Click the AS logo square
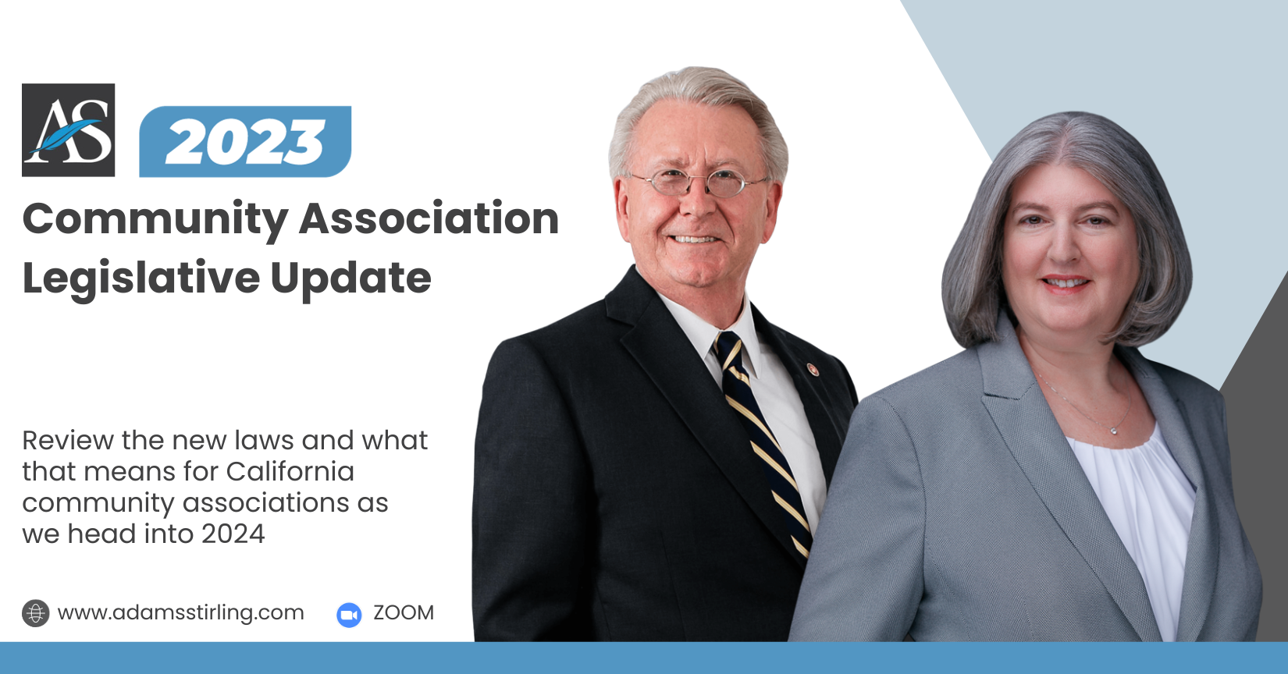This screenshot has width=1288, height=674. (69, 129)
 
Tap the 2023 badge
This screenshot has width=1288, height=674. (245, 141)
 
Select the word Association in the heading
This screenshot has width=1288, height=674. (429, 218)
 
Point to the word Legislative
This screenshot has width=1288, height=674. (141, 278)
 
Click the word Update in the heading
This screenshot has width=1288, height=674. (350, 278)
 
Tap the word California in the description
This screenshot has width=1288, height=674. (290, 472)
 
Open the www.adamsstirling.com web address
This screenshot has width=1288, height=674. (180, 612)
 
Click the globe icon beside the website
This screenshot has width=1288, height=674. (36, 613)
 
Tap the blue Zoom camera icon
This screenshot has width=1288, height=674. (349, 615)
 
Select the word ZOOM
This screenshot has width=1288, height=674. (404, 612)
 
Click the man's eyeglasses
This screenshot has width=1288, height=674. (698, 183)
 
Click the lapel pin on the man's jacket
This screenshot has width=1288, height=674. (813, 369)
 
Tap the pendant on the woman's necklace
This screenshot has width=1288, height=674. (1114, 431)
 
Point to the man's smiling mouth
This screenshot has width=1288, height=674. (694, 239)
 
